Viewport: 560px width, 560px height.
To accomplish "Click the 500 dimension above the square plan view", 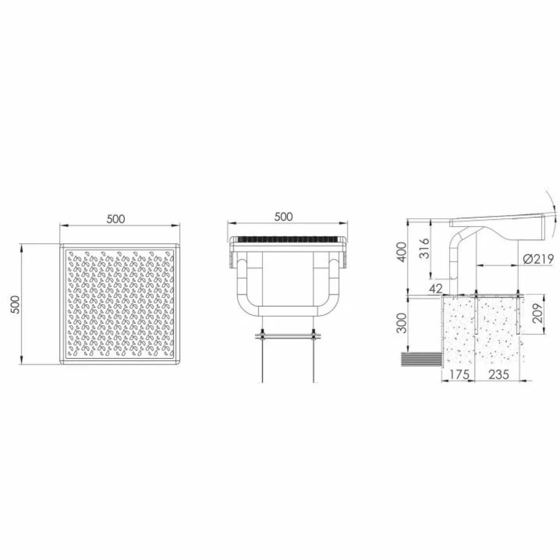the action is coord(116,219).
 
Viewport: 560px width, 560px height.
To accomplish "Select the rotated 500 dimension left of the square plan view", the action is coord(15,304).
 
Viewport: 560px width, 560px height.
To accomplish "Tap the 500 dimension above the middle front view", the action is coord(283,217).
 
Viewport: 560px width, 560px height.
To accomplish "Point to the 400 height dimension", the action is coord(402,252).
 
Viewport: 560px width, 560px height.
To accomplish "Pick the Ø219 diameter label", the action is coord(538,259).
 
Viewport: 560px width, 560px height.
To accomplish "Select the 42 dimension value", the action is coord(436,289).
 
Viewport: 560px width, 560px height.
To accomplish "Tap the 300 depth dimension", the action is coord(402,322).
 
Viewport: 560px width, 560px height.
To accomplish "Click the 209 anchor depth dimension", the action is coord(538,313).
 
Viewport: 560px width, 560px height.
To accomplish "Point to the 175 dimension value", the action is coord(460,374).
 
